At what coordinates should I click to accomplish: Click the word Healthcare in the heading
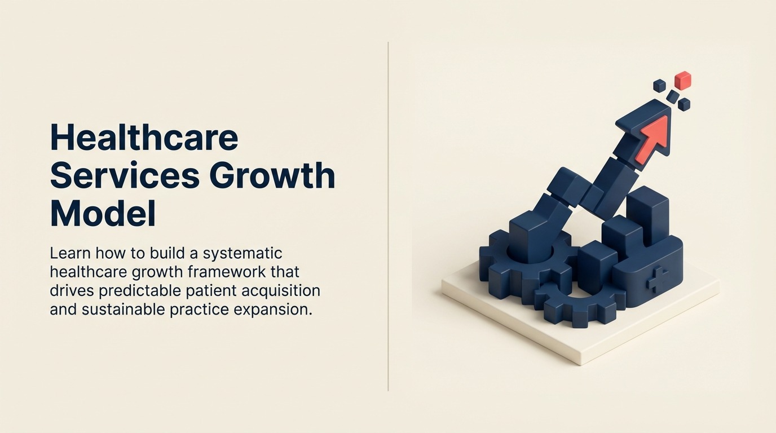click(x=144, y=138)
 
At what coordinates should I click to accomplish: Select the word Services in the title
click(x=125, y=176)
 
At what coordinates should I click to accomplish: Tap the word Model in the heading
click(x=102, y=214)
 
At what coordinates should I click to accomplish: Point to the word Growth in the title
click(x=272, y=176)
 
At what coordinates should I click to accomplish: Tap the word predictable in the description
click(x=148, y=291)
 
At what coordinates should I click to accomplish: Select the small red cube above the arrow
click(x=682, y=80)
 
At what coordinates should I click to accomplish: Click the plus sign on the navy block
click(x=657, y=280)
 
